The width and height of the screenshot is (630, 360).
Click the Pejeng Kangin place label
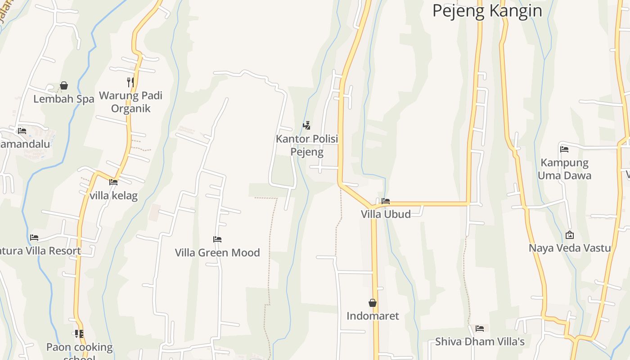tap(487, 11)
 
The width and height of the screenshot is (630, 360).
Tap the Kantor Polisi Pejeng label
tap(307, 145)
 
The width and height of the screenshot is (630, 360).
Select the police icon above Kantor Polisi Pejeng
tap(307, 125)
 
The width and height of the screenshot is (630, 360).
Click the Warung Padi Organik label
tap(130, 102)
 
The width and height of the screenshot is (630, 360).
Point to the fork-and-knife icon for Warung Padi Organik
tap(130, 82)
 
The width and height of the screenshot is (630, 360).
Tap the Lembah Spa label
tap(63, 99)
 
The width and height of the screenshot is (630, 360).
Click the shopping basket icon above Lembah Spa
tap(64, 85)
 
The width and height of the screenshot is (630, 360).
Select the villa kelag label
tap(113, 196)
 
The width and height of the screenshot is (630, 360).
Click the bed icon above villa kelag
tap(113, 182)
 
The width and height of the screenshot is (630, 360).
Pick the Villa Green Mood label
tap(217, 252)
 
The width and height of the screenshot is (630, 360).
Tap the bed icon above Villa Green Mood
tap(217, 239)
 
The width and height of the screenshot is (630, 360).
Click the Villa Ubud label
tap(386, 214)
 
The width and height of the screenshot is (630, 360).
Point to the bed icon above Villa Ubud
tap(386, 201)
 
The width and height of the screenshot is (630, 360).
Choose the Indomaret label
tap(373, 316)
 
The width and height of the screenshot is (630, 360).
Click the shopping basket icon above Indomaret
tap(373, 303)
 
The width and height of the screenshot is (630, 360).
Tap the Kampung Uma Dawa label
tap(564, 169)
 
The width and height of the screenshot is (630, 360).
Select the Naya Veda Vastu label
tap(570, 248)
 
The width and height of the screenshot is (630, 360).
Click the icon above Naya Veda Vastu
tap(570, 235)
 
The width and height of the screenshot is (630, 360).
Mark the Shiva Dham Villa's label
tap(480, 342)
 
